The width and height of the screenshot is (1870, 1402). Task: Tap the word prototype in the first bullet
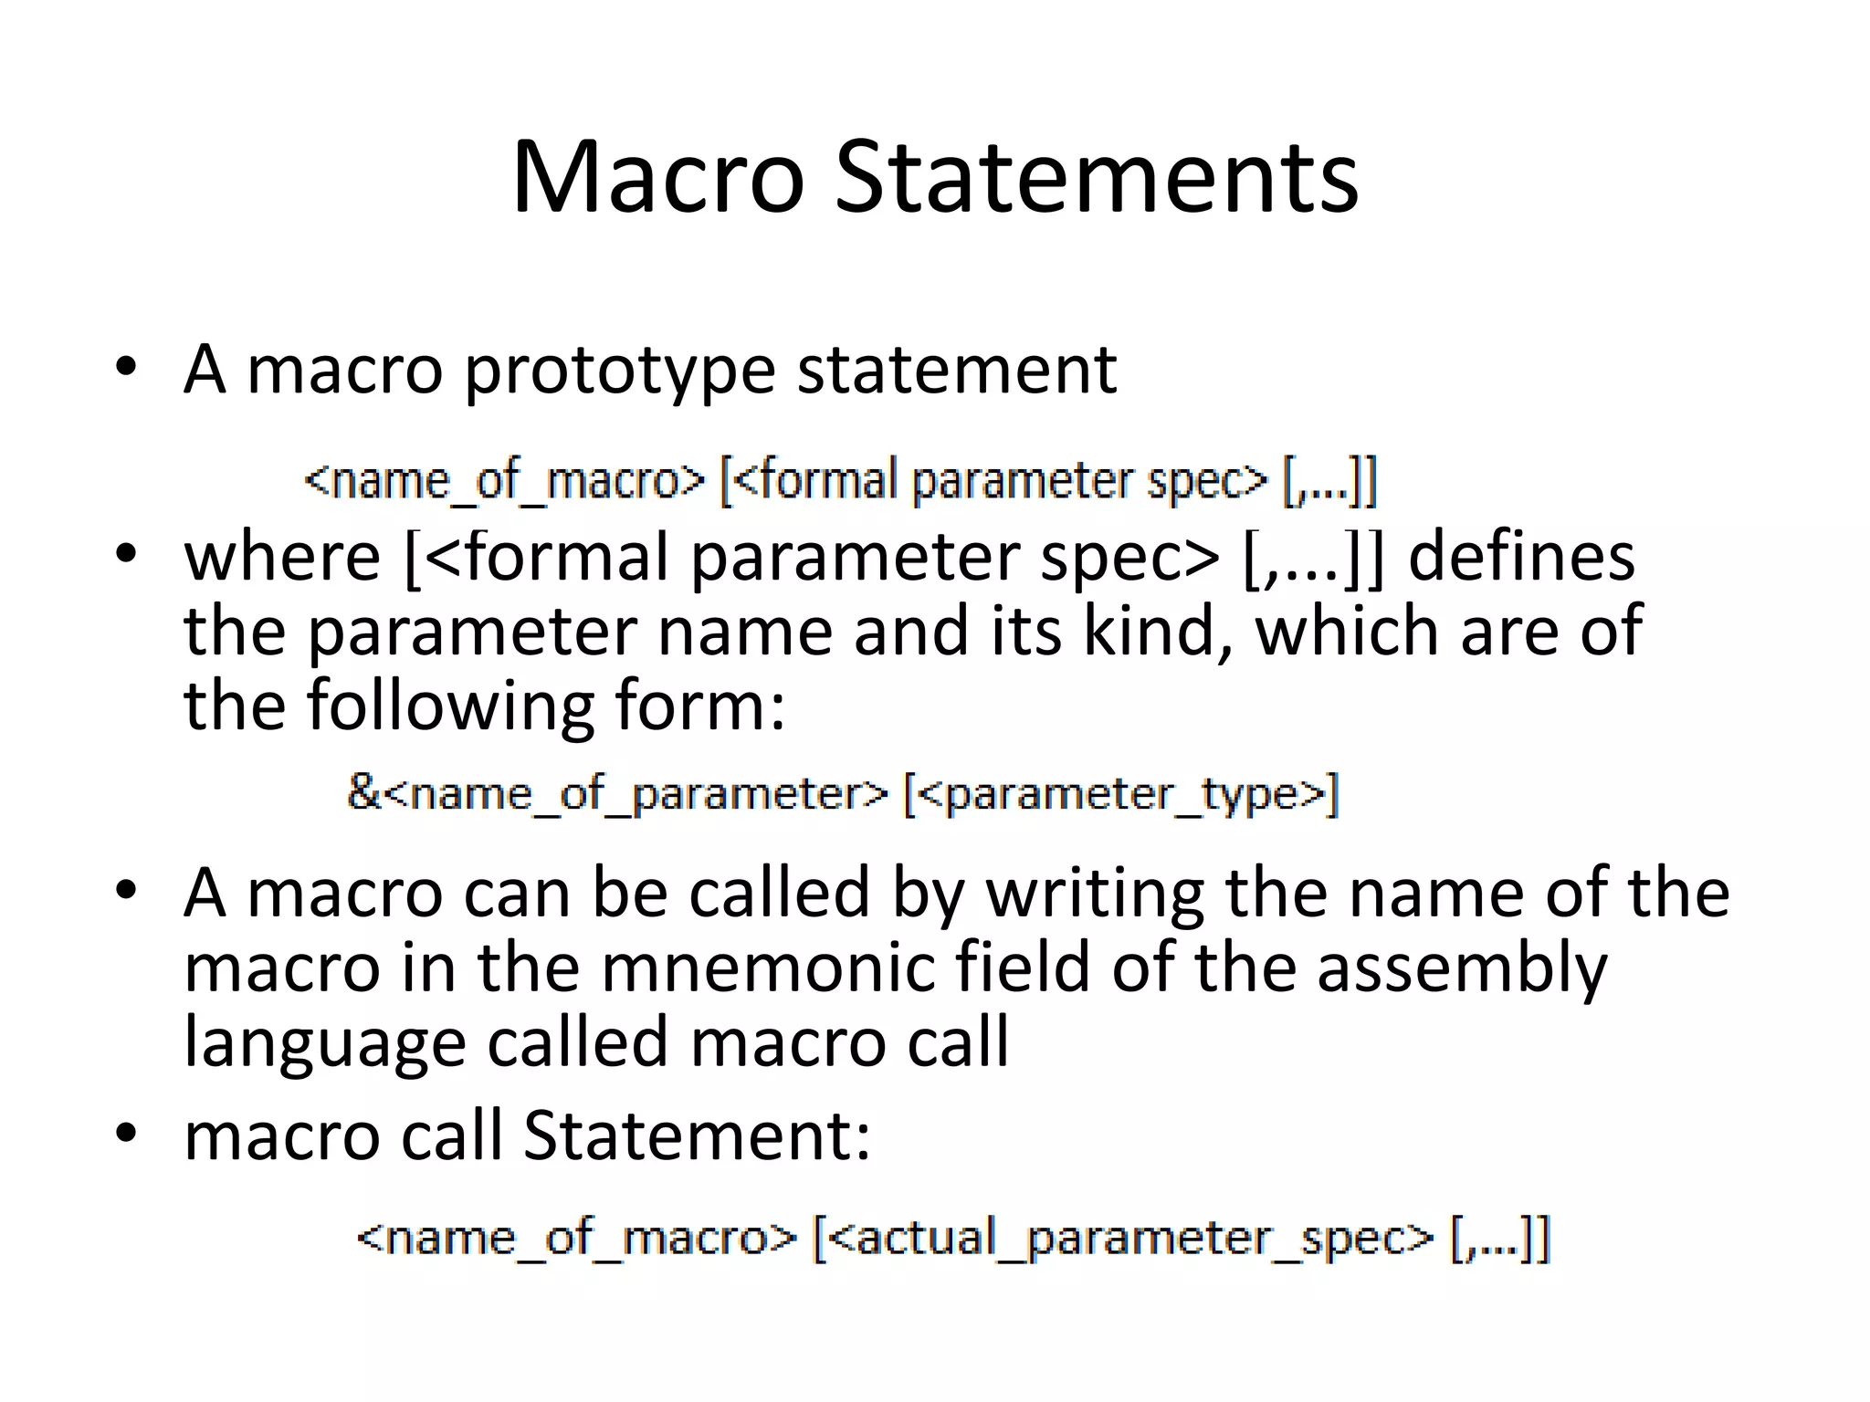pyautogui.click(x=619, y=371)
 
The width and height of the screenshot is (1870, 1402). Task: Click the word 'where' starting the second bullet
pyautogui.click(x=282, y=557)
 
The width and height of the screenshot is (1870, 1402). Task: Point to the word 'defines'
pyautogui.click(x=1521, y=557)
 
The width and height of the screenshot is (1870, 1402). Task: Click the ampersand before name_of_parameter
pyautogui.click(x=363, y=791)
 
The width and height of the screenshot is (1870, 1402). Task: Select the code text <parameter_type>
pyautogui.click(x=1121, y=794)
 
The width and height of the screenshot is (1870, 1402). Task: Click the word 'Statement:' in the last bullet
pyautogui.click(x=697, y=1136)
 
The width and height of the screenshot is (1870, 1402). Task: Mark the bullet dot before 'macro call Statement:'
pyautogui.click(x=126, y=1134)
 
